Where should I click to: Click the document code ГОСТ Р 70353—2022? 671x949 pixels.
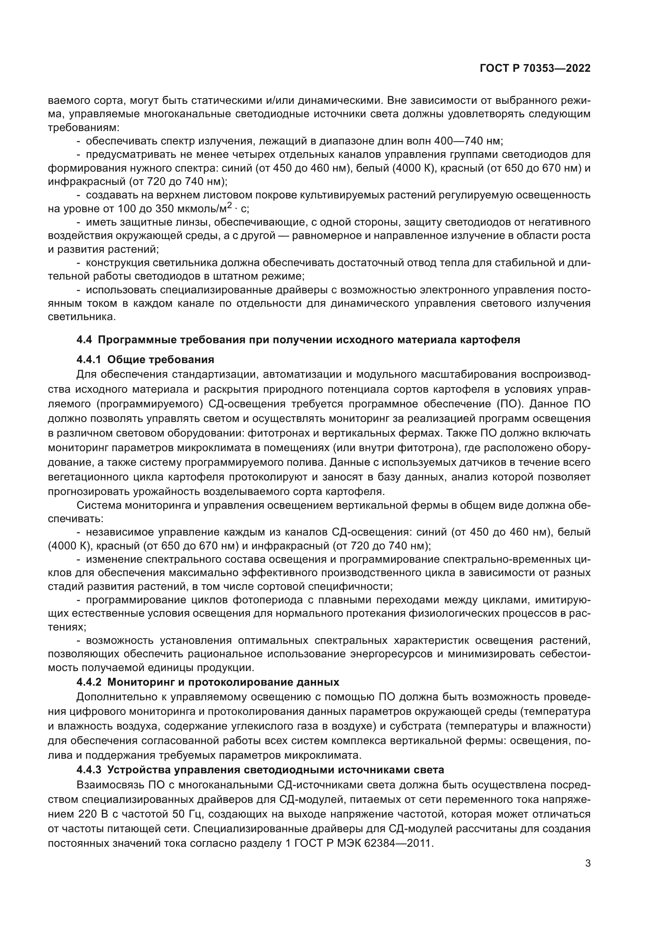pyautogui.click(x=535, y=69)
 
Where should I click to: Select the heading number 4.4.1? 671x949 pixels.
pyautogui.click(x=89, y=359)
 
